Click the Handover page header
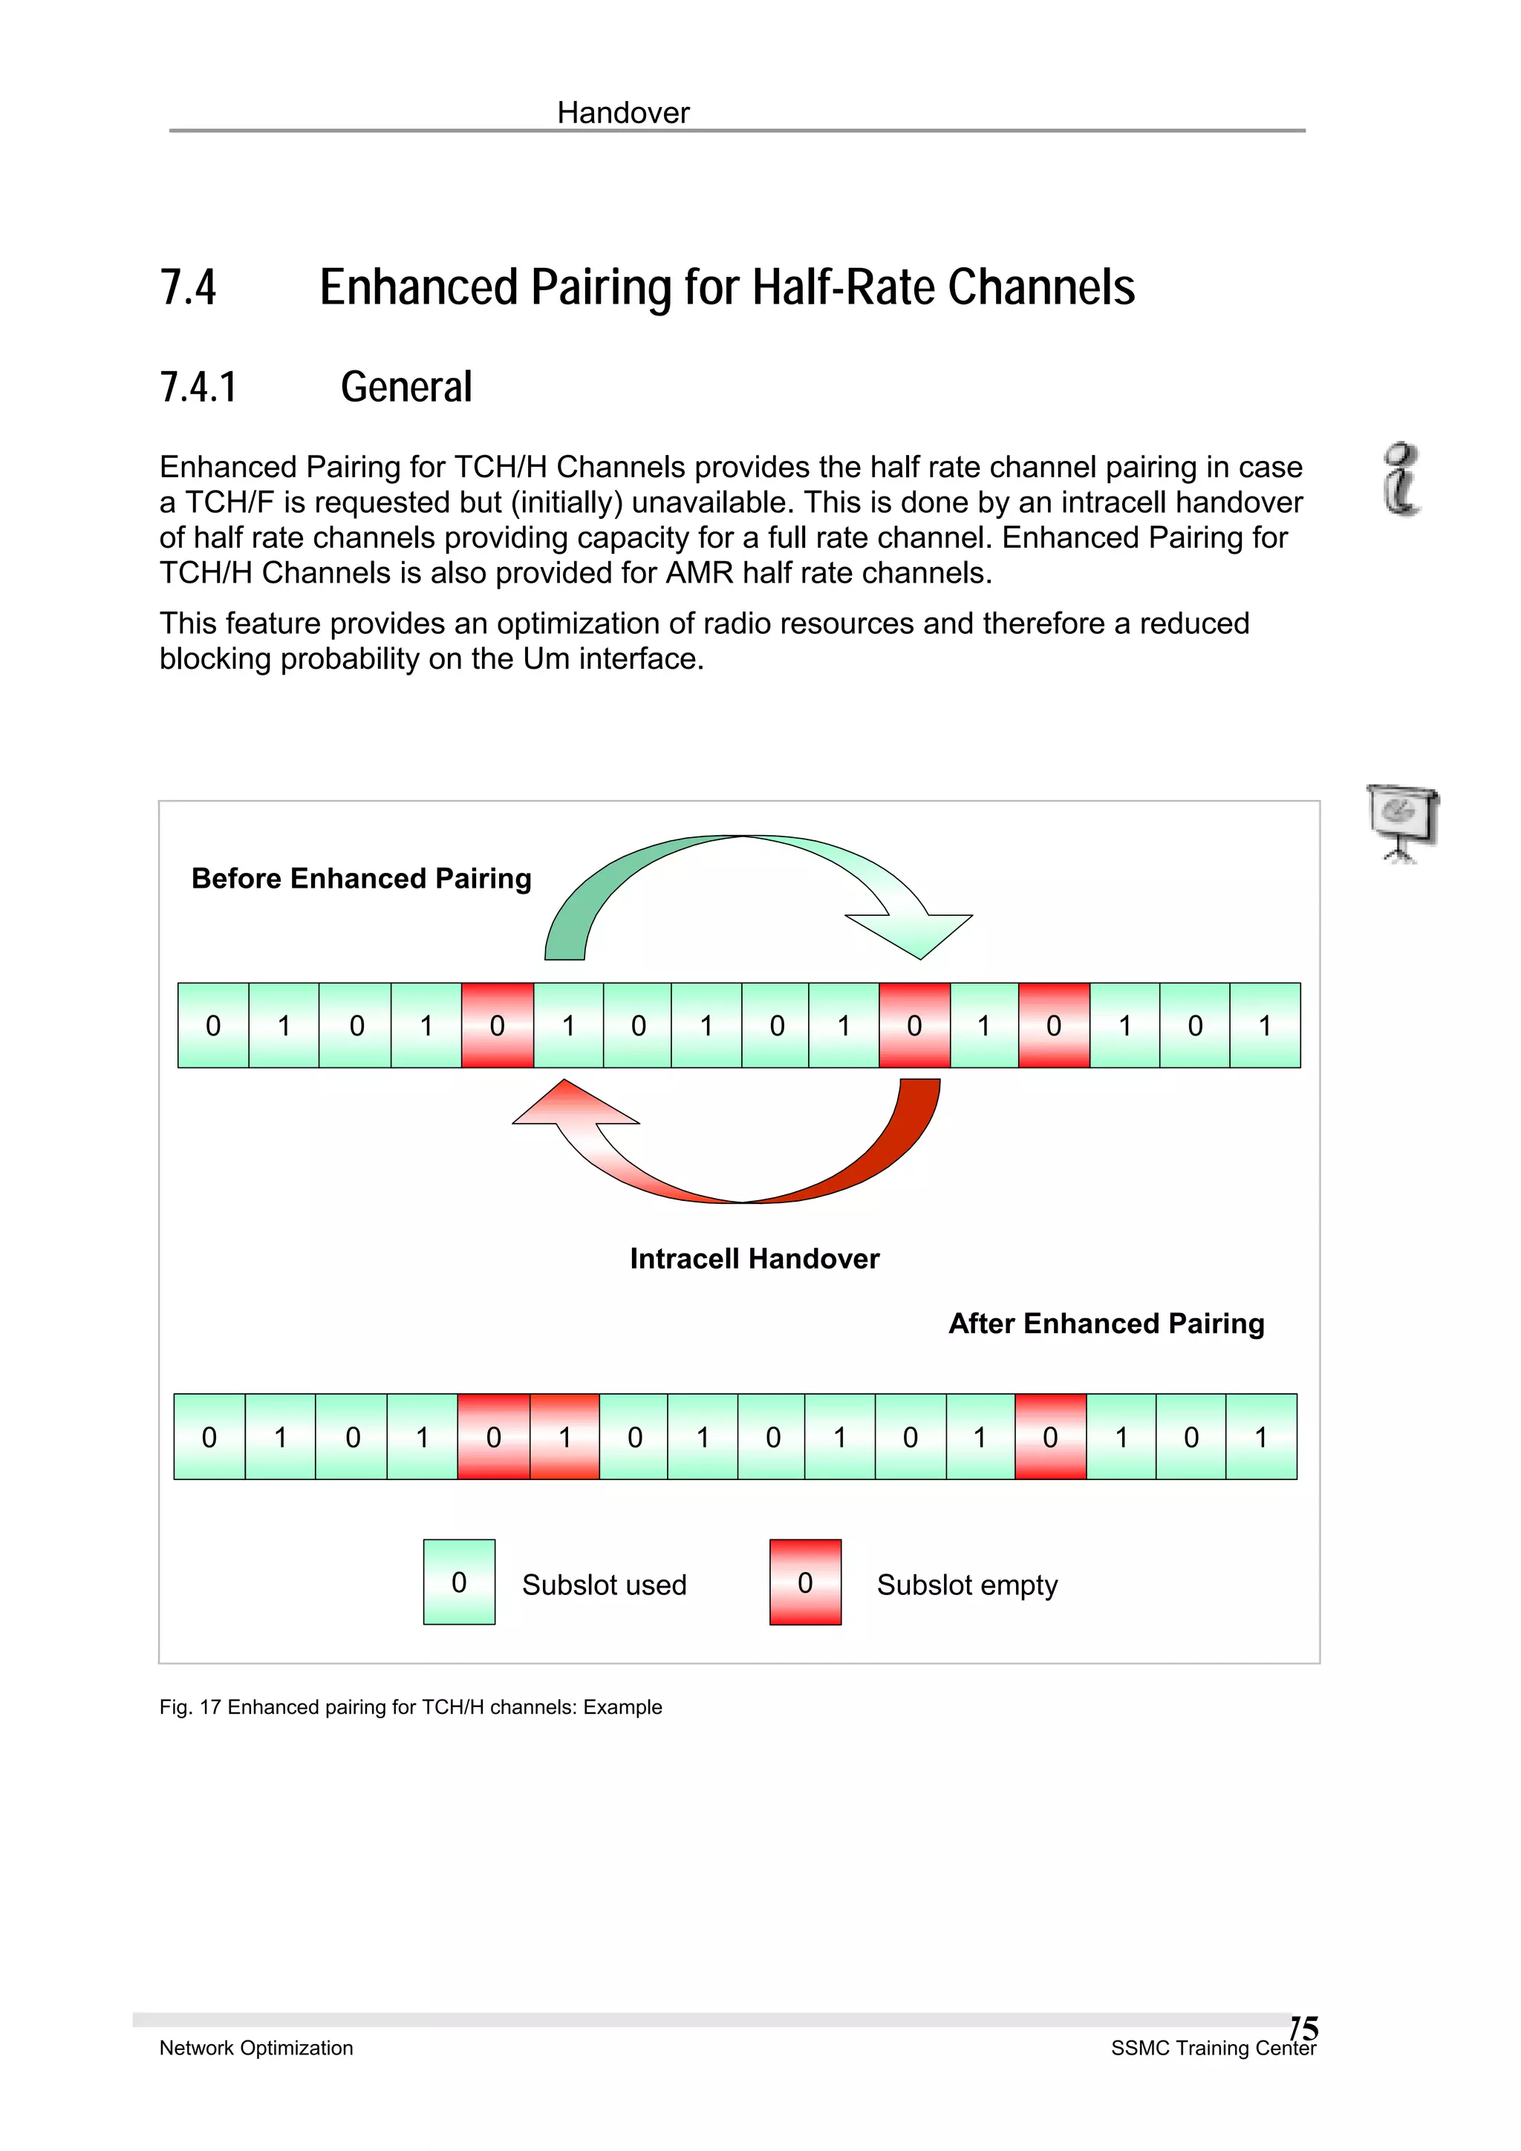coord(622,114)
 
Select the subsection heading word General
coord(406,387)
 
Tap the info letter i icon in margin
coord(1401,479)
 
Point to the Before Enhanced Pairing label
coord(361,879)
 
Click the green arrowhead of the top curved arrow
coord(913,932)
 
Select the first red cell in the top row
coord(497,1025)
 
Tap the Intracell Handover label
coord(754,1258)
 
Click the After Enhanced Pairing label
coord(1106,1323)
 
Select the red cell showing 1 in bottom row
coord(564,1436)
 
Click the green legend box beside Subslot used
coord(458,1582)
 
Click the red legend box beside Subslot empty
coord(805,1582)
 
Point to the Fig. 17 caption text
coord(411,1707)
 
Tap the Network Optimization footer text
coord(255,2048)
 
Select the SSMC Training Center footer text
coord(1213,2049)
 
